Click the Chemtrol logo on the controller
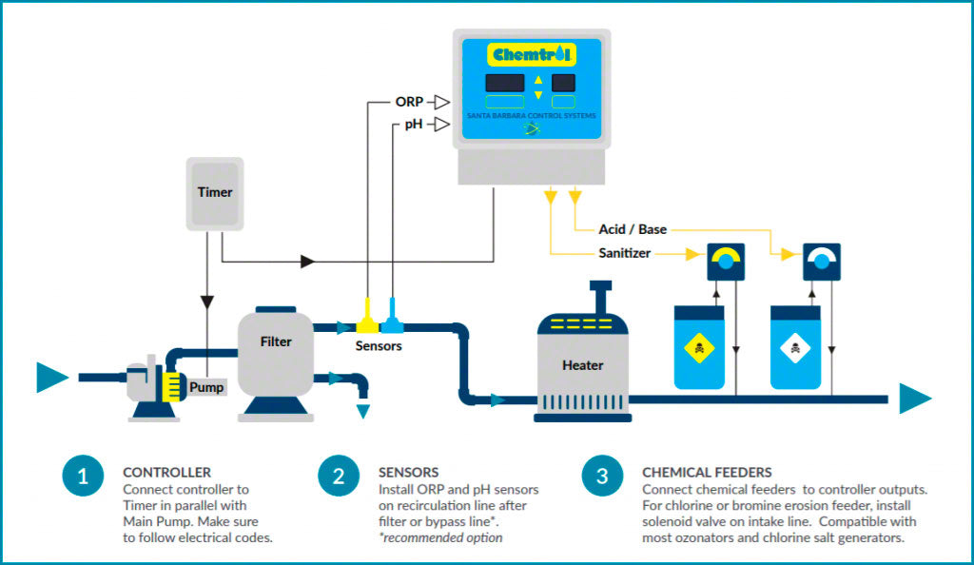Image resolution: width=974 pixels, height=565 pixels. click(x=531, y=54)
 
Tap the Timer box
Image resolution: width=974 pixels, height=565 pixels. click(x=215, y=192)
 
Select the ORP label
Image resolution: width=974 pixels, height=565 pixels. click(x=409, y=101)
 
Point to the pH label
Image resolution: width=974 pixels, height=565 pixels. click(x=413, y=125)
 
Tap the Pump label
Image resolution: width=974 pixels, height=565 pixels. click(x=206, y=387)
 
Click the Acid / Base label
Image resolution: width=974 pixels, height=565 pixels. click(x=633, y=229)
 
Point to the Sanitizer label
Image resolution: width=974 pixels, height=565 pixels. click(x=625, y=254)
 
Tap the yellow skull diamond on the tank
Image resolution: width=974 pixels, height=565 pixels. click(x=699, y=350)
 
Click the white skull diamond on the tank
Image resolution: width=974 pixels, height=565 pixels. click(x=795, y=350)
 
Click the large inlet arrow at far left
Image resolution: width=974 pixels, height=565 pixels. click(x=51, y=378)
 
